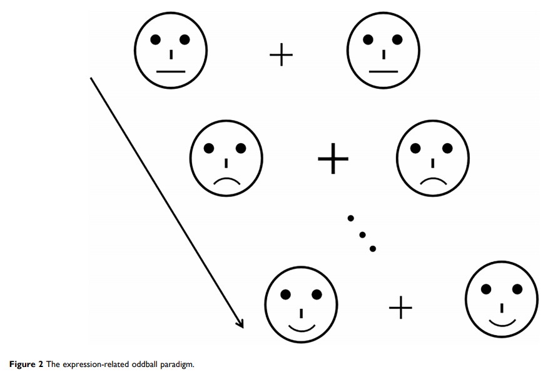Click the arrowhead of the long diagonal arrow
coord(240,323)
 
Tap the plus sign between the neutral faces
coord(281,56)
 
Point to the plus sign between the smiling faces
coord(401,308)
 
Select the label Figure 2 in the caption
coord(26,364)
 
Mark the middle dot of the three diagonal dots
coord(362,234)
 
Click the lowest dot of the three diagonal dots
coord(373,249)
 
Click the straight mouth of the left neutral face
coord(171,72)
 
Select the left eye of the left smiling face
coord(286,294)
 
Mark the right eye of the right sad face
coord(447,148)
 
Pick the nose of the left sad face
coord(226,163)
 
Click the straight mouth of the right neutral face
coord(383,72)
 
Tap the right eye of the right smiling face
coord(517,289)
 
